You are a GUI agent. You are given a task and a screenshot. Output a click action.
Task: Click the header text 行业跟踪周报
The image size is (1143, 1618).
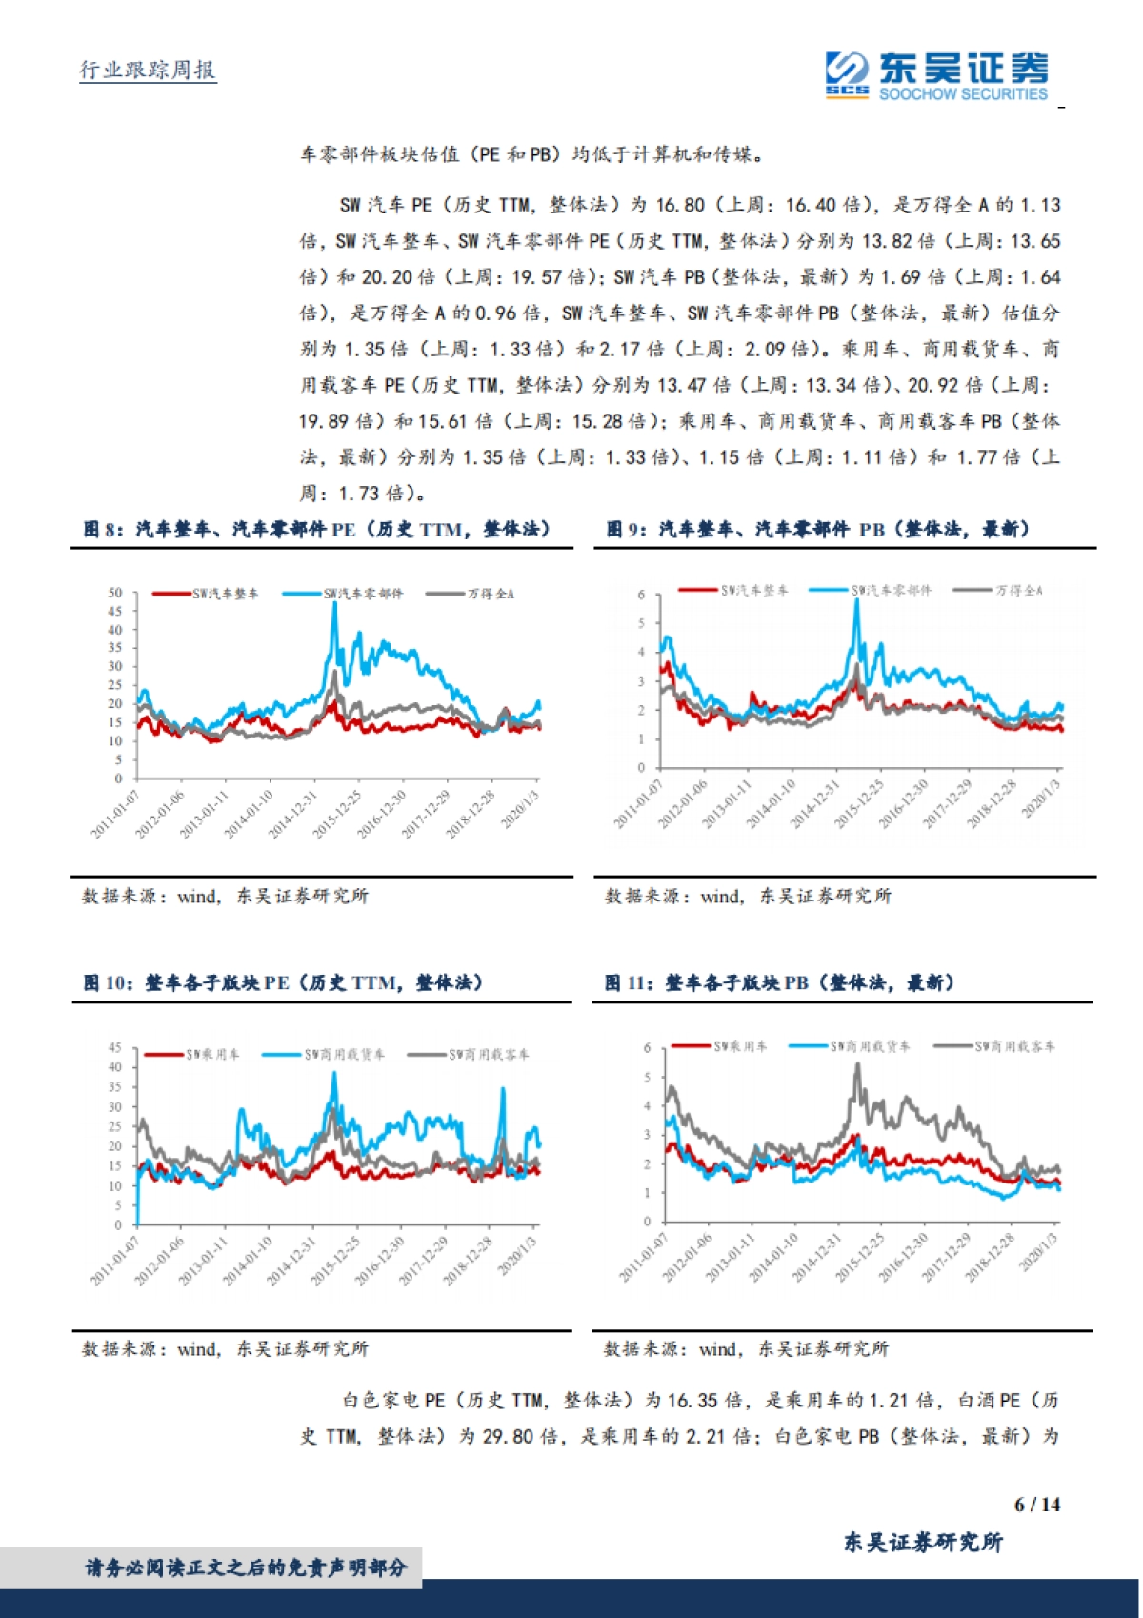(x=148, y=70)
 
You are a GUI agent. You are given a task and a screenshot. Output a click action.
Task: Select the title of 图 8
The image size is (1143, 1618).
(x=316, y=529)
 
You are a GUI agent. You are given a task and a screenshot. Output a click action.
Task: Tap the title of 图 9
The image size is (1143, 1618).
(x=817, y=529)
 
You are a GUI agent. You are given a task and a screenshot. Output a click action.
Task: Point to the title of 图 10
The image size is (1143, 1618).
(x=283, y=982)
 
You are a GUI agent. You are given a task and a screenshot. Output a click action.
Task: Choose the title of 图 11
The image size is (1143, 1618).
(x=779, y=982)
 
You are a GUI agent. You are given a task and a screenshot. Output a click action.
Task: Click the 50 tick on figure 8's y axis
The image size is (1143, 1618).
(x=115, y=593)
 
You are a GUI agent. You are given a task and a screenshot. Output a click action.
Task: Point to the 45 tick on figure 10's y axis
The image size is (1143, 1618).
(x=115, y=1048)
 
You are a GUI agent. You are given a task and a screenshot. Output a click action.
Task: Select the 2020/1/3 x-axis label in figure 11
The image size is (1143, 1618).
(x=1039, y=1263)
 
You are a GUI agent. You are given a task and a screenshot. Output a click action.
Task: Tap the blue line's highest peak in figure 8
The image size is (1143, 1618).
(x=334, y=604)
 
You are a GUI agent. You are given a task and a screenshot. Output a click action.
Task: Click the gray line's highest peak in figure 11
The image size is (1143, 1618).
(x=857, y=1066)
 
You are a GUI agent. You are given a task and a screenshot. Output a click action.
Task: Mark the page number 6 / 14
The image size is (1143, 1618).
(x=1037, y=1505)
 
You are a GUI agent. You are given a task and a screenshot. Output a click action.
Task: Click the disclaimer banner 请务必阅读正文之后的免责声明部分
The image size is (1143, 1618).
(x=246, y=1567)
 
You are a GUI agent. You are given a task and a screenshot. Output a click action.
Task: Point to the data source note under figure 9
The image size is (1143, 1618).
(x=748, y=896)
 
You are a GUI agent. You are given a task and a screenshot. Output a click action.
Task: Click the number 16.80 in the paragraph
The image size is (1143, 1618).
(x=680, y=205)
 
